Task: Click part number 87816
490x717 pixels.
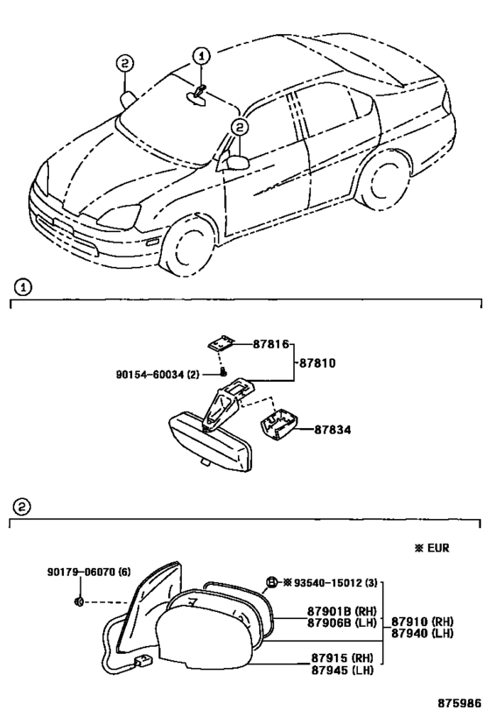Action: click(271, 344)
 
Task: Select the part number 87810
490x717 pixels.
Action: click(318, 363)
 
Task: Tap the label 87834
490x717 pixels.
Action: click(332, 430)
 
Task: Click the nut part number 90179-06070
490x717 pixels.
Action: click(82, 572)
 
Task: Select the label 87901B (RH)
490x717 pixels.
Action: click(341, 611)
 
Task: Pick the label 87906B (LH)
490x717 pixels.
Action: click(341, 622)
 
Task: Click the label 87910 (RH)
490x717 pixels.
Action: click(422, 622)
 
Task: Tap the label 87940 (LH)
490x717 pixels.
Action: click(422, 633)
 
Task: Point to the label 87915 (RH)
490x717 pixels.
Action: click(342, 658)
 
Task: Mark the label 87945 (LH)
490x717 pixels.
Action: click(342, 670)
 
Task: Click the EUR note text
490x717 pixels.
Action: click(437, 547)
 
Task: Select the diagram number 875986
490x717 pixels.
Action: click(460, 702)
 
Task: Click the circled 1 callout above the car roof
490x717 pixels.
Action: click(201, 57)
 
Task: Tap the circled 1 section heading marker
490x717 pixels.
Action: click(23, 288)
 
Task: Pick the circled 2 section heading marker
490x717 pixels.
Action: click(23, 507)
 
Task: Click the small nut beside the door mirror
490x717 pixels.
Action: click(79, 601)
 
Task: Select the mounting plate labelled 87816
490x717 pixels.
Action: click(221, 343)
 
